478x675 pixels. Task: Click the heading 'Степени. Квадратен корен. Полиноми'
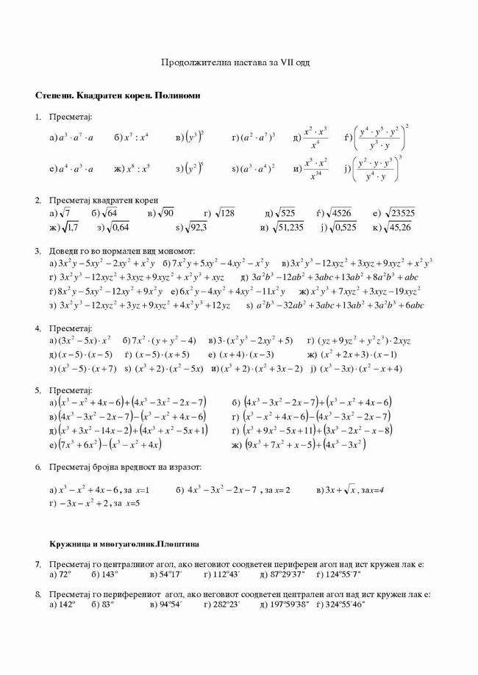tap(117, 96)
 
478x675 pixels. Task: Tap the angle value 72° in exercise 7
tap(64, 573)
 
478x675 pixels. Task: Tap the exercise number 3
tap(38, 251)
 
